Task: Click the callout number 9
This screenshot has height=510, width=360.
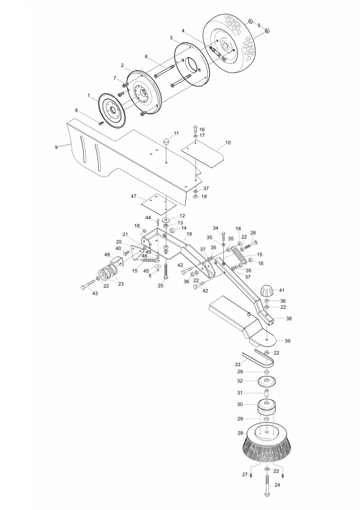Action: click(x=56, y=148)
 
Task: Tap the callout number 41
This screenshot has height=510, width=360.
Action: click(x=282, y=290)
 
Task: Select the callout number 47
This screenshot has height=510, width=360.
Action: click(x=134, y=197)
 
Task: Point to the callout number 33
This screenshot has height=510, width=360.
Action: click(x=237, y=364)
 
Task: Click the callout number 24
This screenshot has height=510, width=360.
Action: click(x=277, y=485)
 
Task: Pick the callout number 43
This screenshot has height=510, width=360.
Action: click(x=95, y=293)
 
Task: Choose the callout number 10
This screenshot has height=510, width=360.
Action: click(x=228, y=142)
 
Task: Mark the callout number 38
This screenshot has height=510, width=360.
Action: click(x=289, y=319)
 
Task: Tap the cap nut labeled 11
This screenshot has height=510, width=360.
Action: click(x=166, y=142)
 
